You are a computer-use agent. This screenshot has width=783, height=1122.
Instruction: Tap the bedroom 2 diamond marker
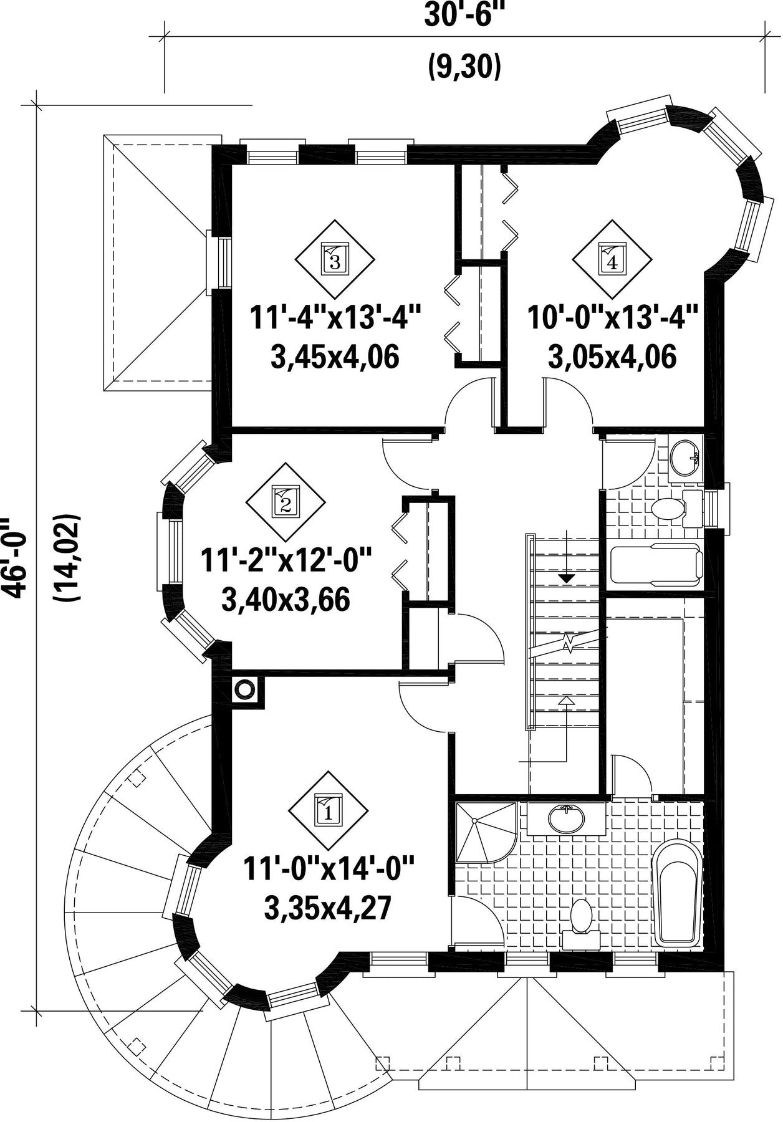(286, 502)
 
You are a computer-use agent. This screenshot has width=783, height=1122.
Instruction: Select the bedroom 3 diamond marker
(335, 259)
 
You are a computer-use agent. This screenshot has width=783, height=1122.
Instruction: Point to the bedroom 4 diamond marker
(612, 259)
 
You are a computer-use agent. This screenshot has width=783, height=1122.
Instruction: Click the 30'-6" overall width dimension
(463, 15)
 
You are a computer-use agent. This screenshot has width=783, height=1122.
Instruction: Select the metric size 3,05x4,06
(612, 358)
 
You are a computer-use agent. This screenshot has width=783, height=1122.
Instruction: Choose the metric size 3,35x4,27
(328, 908)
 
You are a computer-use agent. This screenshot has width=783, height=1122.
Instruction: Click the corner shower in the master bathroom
(486, 833)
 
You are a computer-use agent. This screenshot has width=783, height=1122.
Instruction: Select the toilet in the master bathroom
(582, 924)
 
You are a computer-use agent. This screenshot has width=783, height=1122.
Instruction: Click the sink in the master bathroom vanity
(566, 818)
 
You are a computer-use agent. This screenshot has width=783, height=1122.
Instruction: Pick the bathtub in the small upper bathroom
(656, 564)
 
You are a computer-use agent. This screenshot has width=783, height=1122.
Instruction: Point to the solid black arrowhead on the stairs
(566, 578)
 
